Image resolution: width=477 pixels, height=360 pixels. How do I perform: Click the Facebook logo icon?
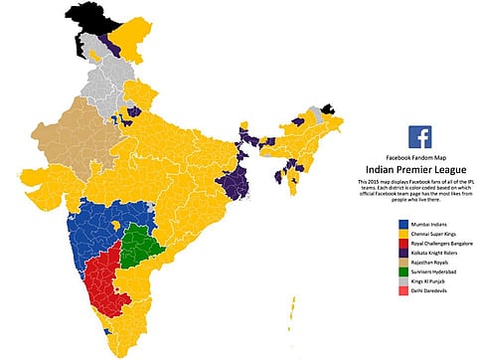[x=419, y=136]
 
